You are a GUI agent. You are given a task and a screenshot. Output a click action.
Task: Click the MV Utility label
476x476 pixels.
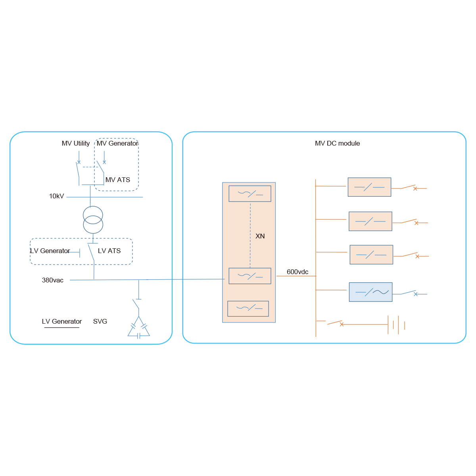[76, 144]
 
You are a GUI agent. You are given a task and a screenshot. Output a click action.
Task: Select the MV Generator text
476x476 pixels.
[117, 144]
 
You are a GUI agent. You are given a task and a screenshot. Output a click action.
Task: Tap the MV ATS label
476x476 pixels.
[118, 180]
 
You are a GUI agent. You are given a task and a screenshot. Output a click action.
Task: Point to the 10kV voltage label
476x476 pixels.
[56, 196]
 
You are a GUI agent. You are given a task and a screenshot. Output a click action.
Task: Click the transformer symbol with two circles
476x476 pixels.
[93, 220]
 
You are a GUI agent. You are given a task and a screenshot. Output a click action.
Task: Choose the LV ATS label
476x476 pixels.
[109, 251]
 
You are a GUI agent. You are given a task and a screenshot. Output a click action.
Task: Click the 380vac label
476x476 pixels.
[53, 280]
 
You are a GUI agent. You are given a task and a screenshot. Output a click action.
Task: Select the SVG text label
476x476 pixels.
[100, 322]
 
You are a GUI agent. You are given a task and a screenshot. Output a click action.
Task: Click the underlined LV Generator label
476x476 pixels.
[62, 322]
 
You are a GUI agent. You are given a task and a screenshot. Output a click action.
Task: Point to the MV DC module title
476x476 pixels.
[337, 144]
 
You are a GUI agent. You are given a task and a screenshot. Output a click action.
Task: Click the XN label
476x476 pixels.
[260, 236]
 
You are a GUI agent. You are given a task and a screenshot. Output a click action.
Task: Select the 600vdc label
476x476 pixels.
[297, 272]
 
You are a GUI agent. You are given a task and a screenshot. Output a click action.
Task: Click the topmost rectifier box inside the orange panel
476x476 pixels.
[250, 194]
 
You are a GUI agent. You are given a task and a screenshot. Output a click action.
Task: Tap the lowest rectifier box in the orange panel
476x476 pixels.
[248, 309]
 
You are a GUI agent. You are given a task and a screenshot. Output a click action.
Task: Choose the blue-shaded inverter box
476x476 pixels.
[370, 292]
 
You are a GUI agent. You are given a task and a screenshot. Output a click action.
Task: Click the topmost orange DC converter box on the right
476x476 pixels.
[369, 187]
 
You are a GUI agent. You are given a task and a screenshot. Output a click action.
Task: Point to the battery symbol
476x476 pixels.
[396, 325]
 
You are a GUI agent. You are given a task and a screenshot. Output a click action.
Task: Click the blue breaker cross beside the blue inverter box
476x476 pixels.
[415, 294]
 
